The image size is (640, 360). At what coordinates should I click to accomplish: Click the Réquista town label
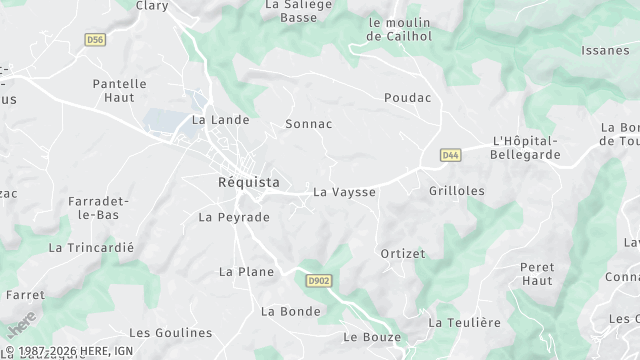pyautogui.click(x=249, y=182)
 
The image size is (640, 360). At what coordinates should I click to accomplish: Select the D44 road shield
pyautogui.click(x=450, y=155)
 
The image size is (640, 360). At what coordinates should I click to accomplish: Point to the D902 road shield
pyautogui.click(x=319, y=281)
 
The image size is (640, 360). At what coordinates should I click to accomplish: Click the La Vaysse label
pyautogui.click(x=344, y=191)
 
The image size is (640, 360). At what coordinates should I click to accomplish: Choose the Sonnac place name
pyautogui.click(x=308, y=124)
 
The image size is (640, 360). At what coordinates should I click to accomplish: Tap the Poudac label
pyautogui.click(x=407, y=98)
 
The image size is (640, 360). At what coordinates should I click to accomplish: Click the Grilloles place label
pyautogui.click(x=456, y=190)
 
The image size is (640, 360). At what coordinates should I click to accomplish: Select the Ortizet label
pyautogui.click(x=404, y=254)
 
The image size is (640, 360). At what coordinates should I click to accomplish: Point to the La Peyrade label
pyautogui.click(x=234, y=217)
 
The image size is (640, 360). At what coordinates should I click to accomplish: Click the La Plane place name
pyautogui.click(x=246, y=271)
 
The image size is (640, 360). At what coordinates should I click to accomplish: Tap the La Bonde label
pyautogui.click(x=291, y=311)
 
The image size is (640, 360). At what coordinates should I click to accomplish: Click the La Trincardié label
pyautogui.click(x=90, y=247)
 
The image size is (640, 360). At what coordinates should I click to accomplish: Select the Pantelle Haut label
pyautogui.click(x=119, y=91)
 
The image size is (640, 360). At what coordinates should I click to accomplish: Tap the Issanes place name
pyautogui.click(x=606, y=49)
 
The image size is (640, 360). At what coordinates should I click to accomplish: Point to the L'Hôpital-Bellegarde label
pyautogui.click(x=526, y=148)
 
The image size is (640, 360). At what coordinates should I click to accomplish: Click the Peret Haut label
pyautogui.click(x=537, y=274)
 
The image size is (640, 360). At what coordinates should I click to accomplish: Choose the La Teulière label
pyautogui.click(x=464, y=322)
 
